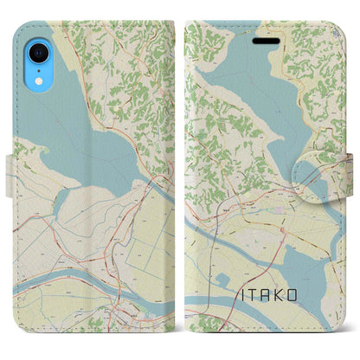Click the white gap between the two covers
point(180,173)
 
